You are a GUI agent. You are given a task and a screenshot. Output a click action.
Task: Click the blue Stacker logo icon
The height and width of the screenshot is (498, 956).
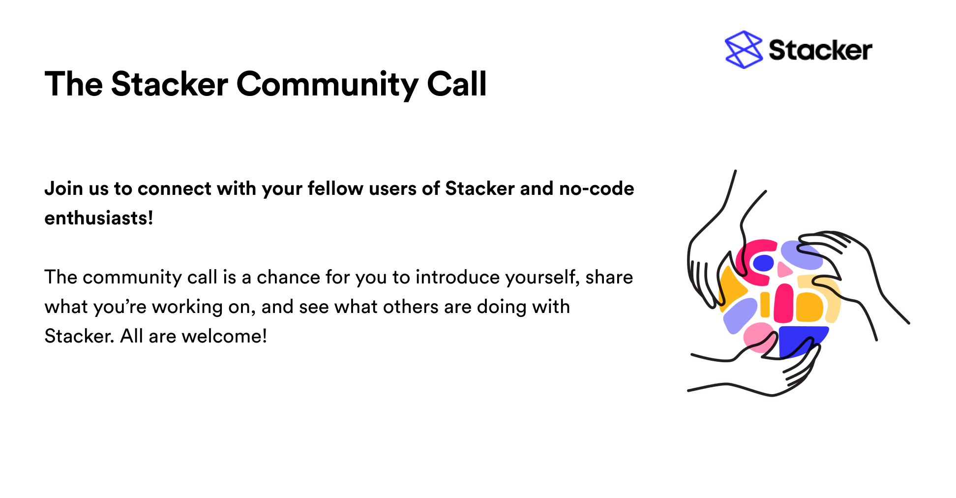744,49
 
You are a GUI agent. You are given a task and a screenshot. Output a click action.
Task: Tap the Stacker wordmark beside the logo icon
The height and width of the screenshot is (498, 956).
820,50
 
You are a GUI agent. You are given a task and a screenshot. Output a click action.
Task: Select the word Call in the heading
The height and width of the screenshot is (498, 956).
457,83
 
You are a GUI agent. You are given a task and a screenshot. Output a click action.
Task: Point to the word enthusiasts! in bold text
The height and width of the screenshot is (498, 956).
99,218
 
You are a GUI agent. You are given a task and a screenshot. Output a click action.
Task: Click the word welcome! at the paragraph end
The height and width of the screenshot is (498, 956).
224,336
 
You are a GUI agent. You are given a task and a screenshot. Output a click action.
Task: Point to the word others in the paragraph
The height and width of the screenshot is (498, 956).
411,307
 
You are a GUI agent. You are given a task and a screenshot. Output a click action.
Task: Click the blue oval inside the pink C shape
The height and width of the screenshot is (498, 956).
763,263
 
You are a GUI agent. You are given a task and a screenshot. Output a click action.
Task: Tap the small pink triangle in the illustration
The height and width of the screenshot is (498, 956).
784,270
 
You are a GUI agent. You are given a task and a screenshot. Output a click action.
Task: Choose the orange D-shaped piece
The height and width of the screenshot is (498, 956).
809,307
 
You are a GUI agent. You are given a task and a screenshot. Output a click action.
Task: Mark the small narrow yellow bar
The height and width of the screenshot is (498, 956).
765,305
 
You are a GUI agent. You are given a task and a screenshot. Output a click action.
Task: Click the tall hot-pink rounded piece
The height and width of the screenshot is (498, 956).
783,303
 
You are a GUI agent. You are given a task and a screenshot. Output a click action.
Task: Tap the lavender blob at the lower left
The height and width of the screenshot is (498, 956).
740,315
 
